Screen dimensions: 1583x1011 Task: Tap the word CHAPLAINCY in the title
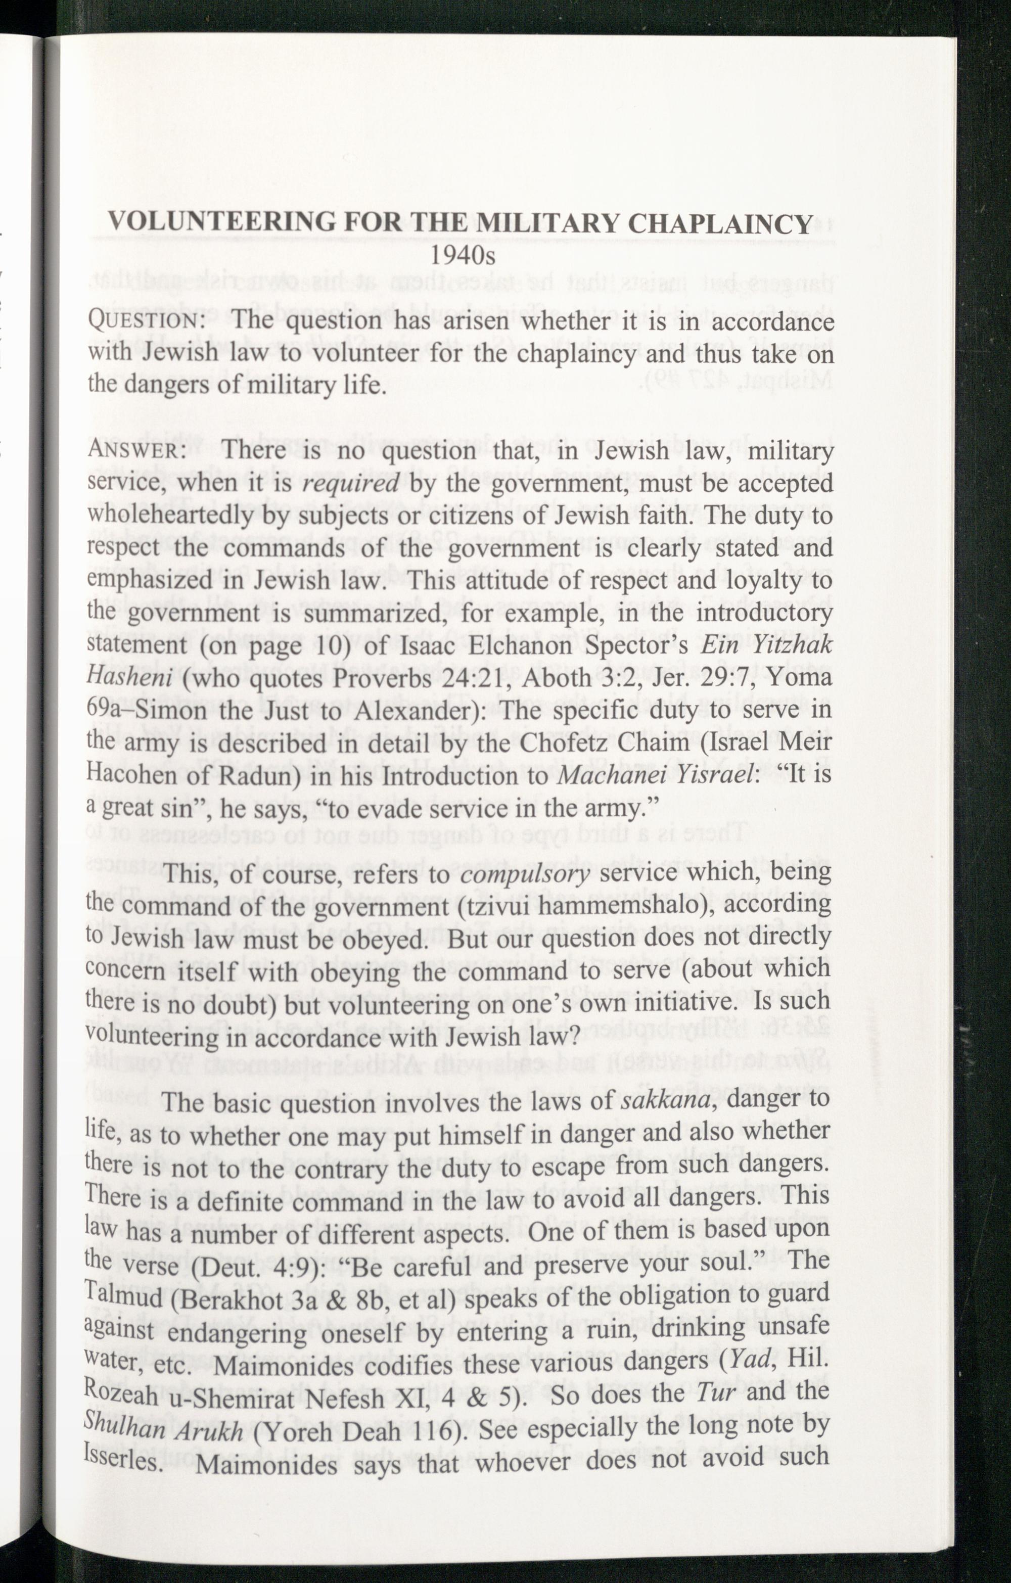[x=721, y=223]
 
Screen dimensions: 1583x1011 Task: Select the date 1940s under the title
[x=463, y=256]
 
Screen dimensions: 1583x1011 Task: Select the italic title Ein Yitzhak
[x=766, y=644]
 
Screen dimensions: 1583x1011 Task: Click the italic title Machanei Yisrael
[x=655, y=774]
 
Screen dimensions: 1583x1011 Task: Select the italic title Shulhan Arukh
[x=164, y=1430]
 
